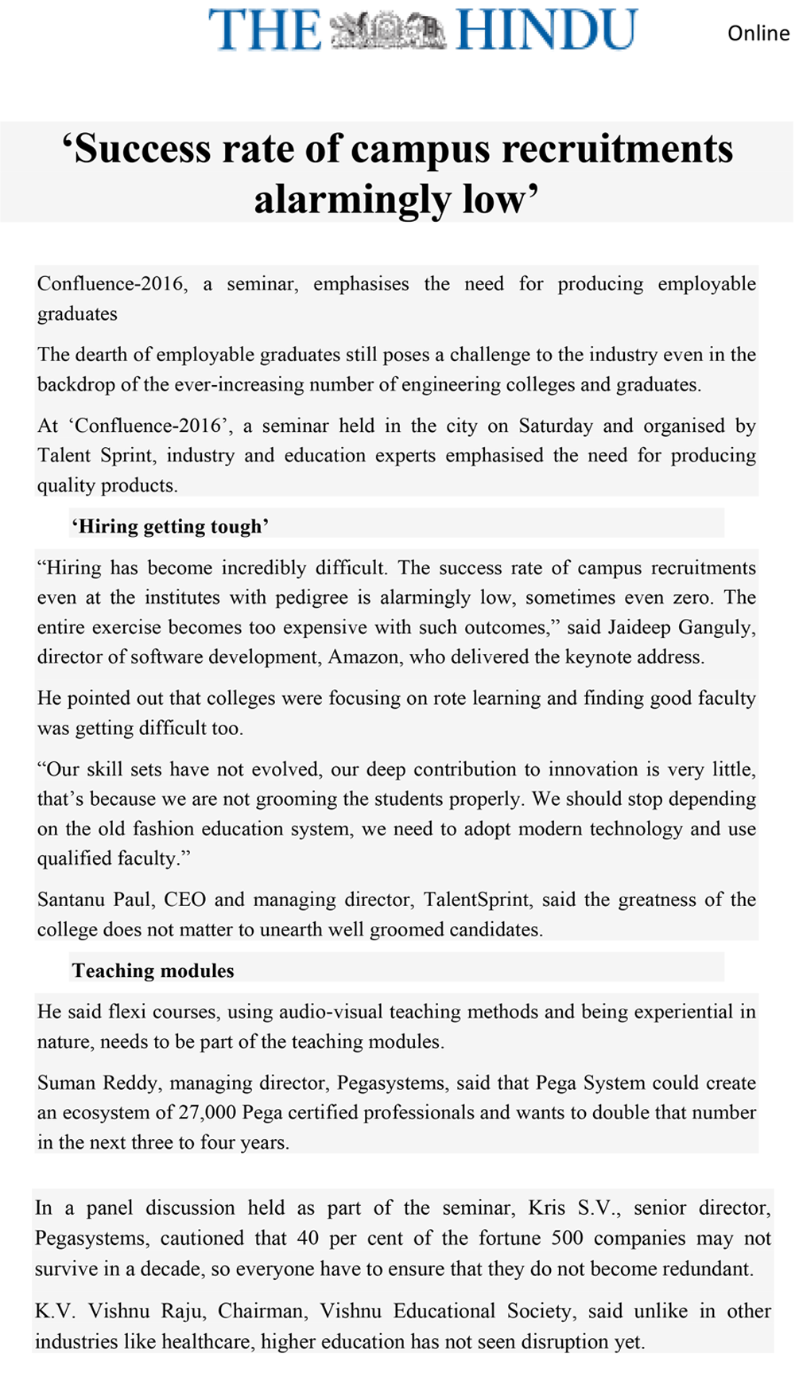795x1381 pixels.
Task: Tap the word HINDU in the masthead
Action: pos(547,30)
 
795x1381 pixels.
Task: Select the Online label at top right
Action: pos(758,33)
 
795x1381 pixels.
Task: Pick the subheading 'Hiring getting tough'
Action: pos(170,527)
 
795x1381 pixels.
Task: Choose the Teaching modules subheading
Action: pos(153,971)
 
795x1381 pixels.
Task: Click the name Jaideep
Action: pos(640,628)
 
